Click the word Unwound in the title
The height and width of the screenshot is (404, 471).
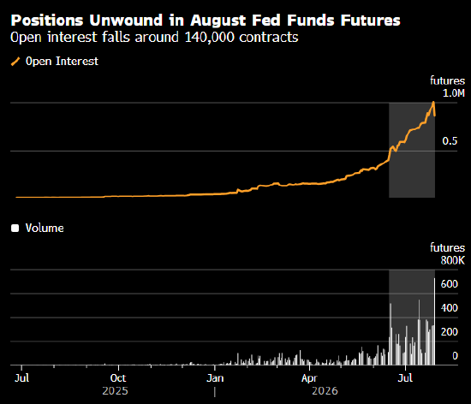126,21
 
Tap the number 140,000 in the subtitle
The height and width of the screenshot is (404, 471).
209,37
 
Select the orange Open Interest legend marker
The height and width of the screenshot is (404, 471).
15,62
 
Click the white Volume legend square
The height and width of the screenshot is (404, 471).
15,229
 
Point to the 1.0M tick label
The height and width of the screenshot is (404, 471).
454,93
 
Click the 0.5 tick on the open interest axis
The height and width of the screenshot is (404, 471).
450,140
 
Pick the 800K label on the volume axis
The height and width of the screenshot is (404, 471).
453,260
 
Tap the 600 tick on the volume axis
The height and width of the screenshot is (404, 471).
449,284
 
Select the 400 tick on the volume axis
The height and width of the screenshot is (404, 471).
449,308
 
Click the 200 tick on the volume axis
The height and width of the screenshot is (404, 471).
449,331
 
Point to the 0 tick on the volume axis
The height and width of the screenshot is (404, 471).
455,356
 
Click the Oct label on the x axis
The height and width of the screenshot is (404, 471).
118,377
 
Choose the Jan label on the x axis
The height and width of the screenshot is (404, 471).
215,377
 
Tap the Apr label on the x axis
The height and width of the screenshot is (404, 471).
309,378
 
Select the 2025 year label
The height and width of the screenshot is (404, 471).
115,391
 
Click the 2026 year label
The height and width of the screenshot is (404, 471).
325,391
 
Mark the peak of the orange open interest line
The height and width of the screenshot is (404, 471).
433,102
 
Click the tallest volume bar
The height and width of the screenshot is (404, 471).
434,322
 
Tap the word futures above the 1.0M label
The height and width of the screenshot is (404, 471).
447,80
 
